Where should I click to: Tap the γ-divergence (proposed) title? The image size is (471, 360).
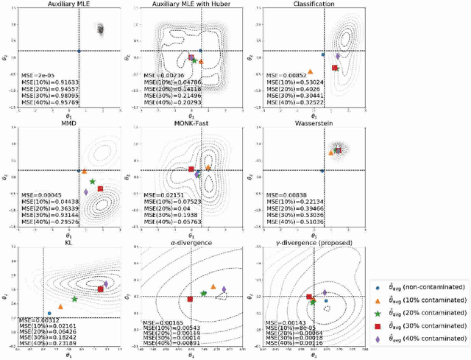point(314,241)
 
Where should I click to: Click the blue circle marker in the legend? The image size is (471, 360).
point(379,288)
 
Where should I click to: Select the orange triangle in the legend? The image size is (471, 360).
point(379,300)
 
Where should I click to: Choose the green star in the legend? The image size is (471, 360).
point(379,314)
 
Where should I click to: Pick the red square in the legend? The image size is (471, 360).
point(379,326)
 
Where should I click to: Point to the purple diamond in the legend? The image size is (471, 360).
point(379,339)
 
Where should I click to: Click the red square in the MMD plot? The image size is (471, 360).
point(100,189)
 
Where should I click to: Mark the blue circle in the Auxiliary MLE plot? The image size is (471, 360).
point(79,51)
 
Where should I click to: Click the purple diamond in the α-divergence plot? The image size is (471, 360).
point(224,289)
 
